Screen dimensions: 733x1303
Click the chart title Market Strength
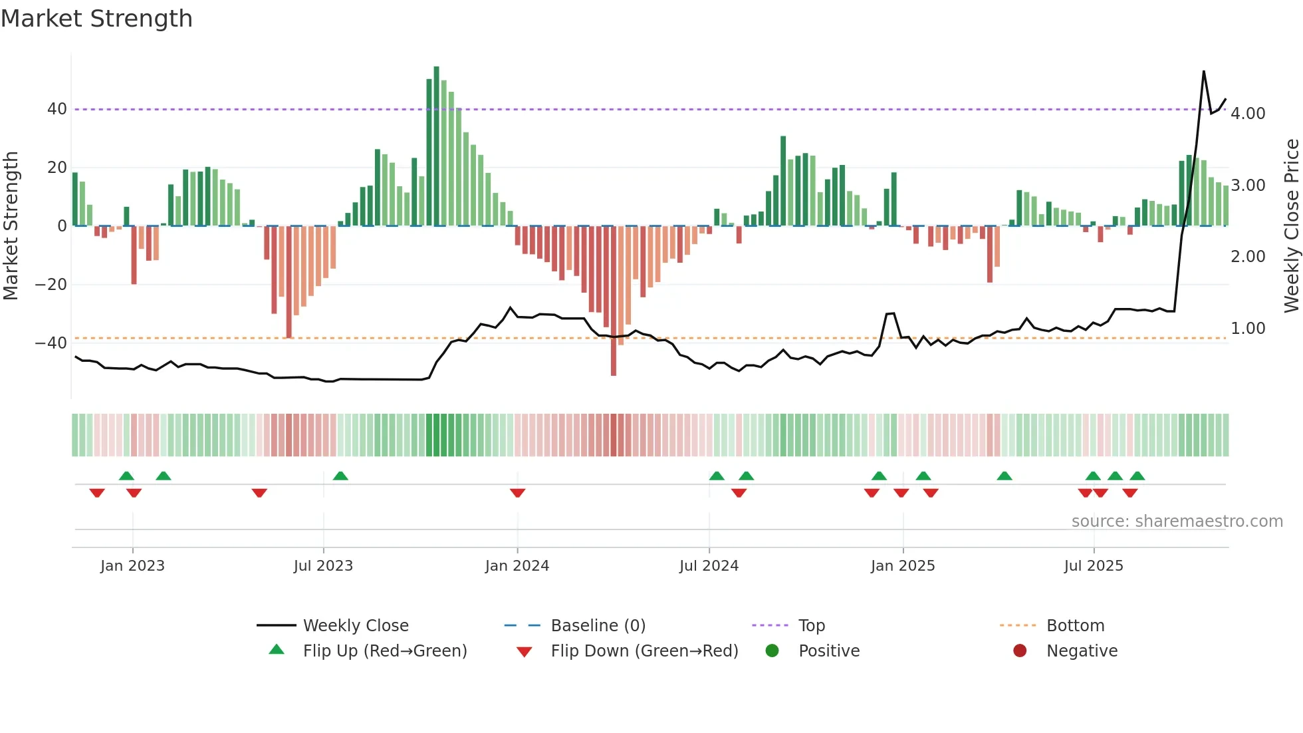coord(96,19)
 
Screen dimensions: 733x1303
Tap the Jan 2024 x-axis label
coord(517,565)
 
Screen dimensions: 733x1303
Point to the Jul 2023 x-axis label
coord(323,565)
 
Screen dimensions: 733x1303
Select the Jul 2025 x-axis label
coord(1094,565)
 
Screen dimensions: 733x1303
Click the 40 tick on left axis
coord(57,109)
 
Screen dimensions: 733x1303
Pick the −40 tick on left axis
coord(51,343)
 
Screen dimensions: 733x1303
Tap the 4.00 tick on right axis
coord(1248,114)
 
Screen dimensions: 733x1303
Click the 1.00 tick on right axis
coord(1248,329)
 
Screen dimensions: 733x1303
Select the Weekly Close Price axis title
coord(1291,225)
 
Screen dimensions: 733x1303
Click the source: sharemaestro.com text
coord(1177,521)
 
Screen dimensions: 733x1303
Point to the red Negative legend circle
coord(1020,651)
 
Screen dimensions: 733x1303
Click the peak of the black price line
coord(1204,71)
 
